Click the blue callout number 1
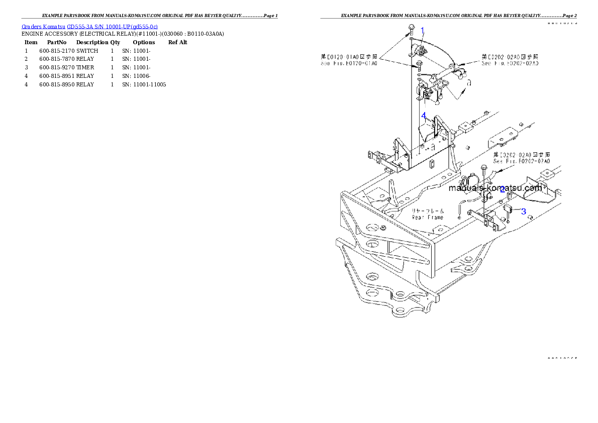pyautogui.click(x=423, y=30)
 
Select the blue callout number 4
pyautogui.click(x=424, y=116)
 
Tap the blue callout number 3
pyautogui.click(x=523, y=211)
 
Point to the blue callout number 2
pyautogui.click(x=502, y=189)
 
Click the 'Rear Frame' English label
pyautogui.click(x=428, y=218)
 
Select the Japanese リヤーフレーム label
pyautogui.click(x=428, y=211)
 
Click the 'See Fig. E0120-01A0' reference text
pyautogui.click(x=349, y=64)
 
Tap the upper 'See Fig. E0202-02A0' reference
pyautogui.click(x=510, y=64)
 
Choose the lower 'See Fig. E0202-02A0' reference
pyautogui.click(x=522, y=161)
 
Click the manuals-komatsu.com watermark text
pyautogui.click(x=495, y=188)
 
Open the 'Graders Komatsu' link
pyautogui.click(x=44, y=26)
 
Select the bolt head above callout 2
pyautogui.click(x=484, y=168)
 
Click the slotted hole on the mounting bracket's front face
pyautogui.click(x=432, y=163)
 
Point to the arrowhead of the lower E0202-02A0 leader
pyautogui.click(x=502, y=171)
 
